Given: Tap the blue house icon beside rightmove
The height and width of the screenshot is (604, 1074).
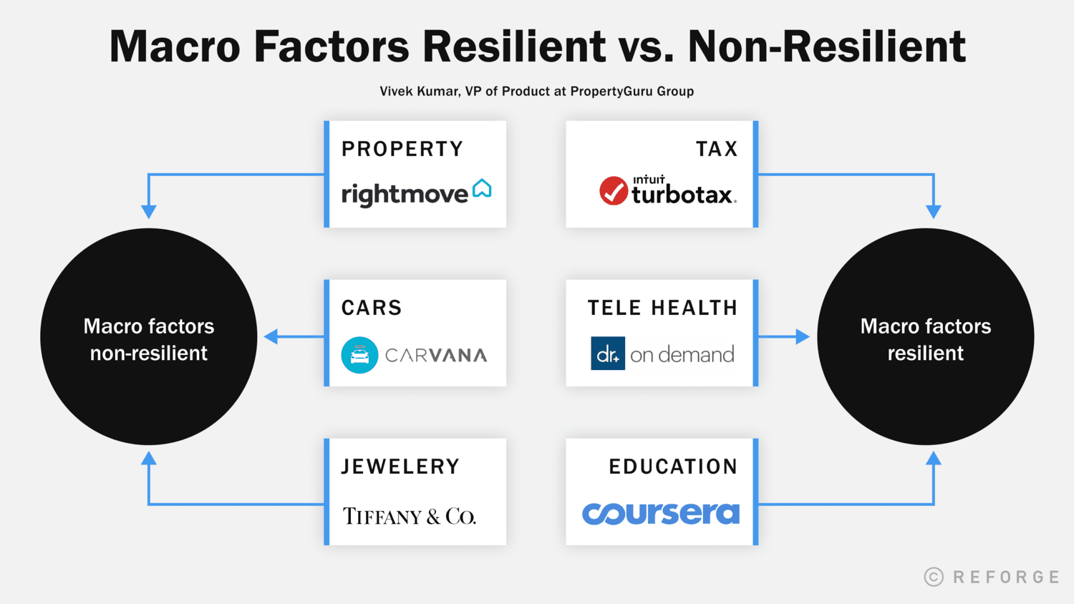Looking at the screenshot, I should pyautogui.click(x=482, y=188).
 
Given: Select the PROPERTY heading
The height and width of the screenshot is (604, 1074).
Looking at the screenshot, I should pyautogui.click(x=402, y=149).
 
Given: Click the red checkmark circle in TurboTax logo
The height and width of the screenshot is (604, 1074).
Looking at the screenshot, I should pyautogui.click(x=614, y=190).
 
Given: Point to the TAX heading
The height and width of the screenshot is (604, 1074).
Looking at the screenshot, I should pyautogui.click(x=717, y=149).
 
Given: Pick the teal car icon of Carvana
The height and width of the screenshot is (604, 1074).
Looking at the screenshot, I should pyautogui.click(x=359, y=355).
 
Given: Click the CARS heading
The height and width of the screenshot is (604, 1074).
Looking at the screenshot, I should pyautogui.click(x=372, y=308).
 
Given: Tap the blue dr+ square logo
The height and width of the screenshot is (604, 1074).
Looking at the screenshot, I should pyautogui.click(x=608, y=354).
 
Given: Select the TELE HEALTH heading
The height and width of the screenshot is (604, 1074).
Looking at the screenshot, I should pyautogui.click(x=662, y=308).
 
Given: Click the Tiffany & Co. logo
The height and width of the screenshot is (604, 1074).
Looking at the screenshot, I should pyautogui.click(x=409, y=516).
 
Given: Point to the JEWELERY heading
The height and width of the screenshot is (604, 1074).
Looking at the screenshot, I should pyautogui.click(x=400, y=467).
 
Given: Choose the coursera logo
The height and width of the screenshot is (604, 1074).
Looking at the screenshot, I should pyautogui.click(x=660, y=513).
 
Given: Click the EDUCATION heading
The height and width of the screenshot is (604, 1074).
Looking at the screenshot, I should pyautogui.click(x=673, y=467).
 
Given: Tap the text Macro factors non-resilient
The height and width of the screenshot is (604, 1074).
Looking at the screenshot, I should pyautogui.click(x=149, y=340).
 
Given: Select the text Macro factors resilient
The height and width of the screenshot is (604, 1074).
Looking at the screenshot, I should pyautogui.click(x=926, y=340).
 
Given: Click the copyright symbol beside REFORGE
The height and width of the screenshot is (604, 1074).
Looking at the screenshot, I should pyautogui.click(x=934, y=577).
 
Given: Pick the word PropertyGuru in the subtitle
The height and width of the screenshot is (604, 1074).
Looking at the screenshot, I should pyautogui.click(x=611, y=92).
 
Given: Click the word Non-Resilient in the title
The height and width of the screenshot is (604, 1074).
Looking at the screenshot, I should pyautogui.click(x=827, y=47).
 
